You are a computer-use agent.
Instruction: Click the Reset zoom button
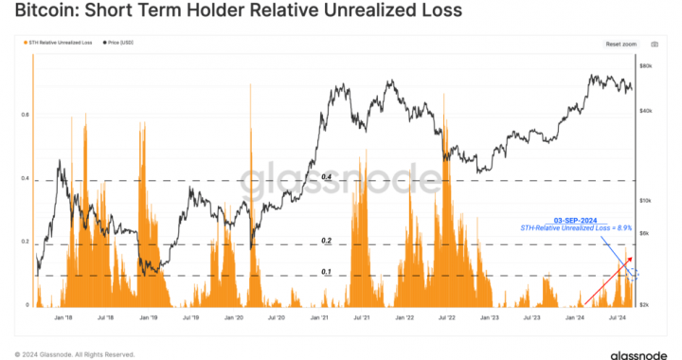(620, 44)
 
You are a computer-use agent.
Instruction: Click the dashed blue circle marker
(634, 275)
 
